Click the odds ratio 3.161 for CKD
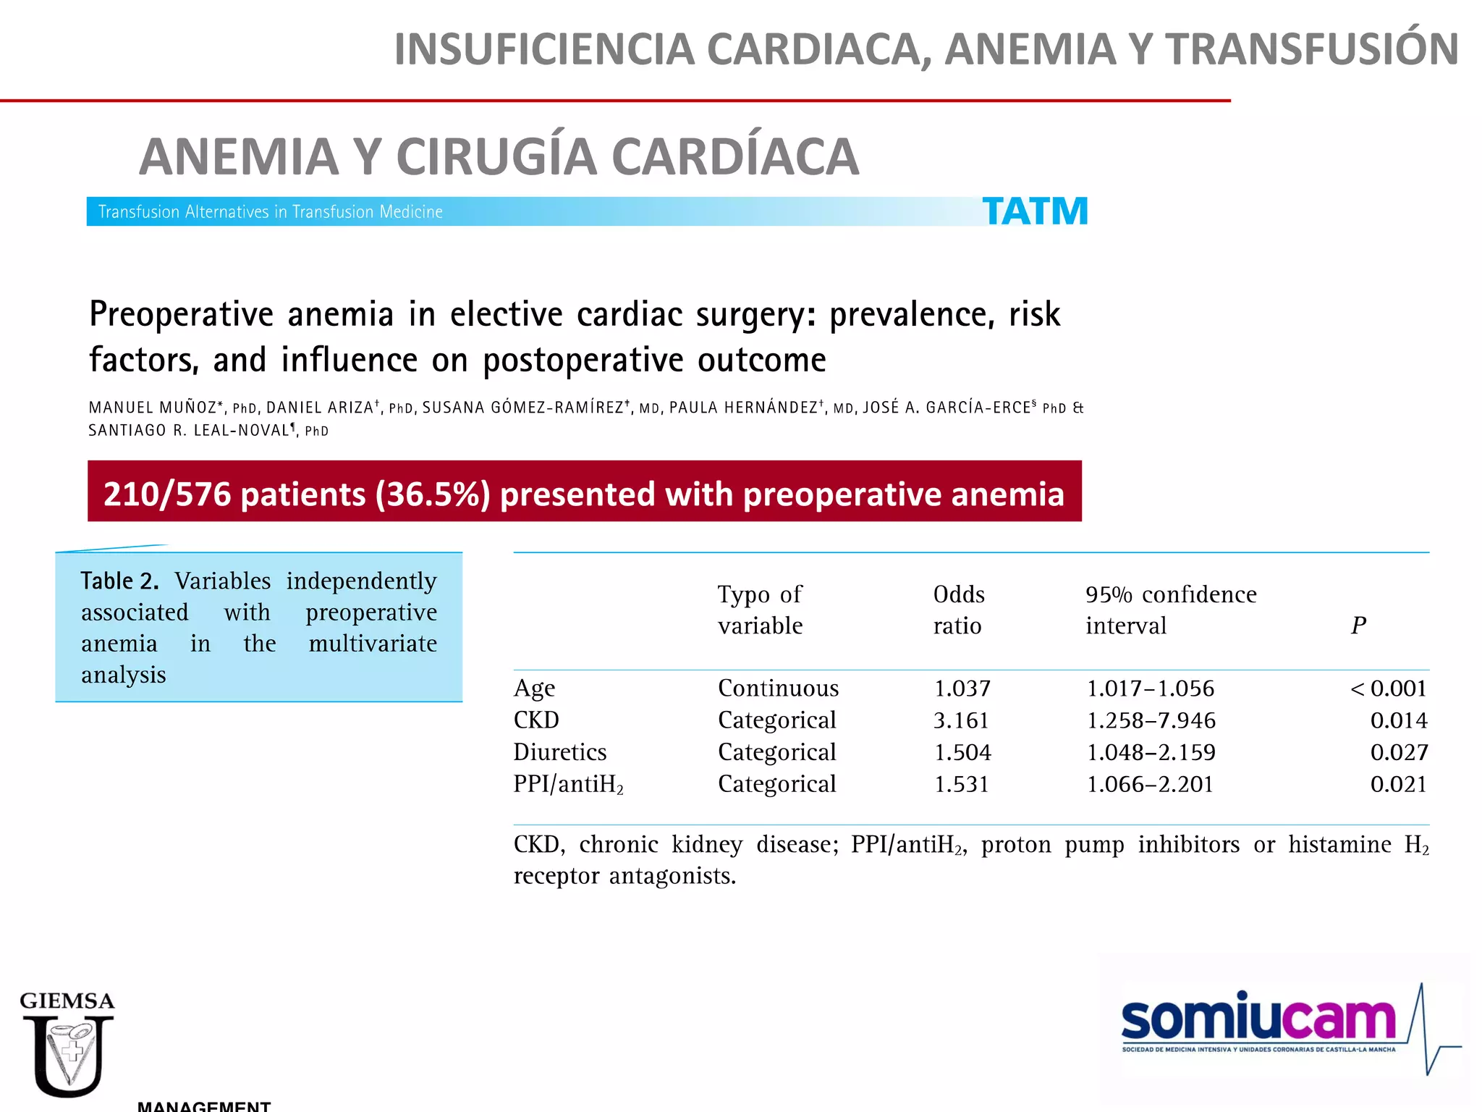961,720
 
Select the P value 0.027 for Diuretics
1399,752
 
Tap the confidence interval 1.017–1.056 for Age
1151,688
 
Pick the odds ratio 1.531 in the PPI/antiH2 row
961,784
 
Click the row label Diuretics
560,752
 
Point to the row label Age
534,688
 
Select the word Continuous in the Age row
778,688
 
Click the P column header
1358,625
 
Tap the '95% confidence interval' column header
1170,610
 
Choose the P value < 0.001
1389,688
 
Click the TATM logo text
1035,211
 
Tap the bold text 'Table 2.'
119,581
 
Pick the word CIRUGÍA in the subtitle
496,156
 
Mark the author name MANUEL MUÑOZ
153,408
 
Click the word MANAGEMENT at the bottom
204,1105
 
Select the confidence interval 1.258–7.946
1151,720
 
